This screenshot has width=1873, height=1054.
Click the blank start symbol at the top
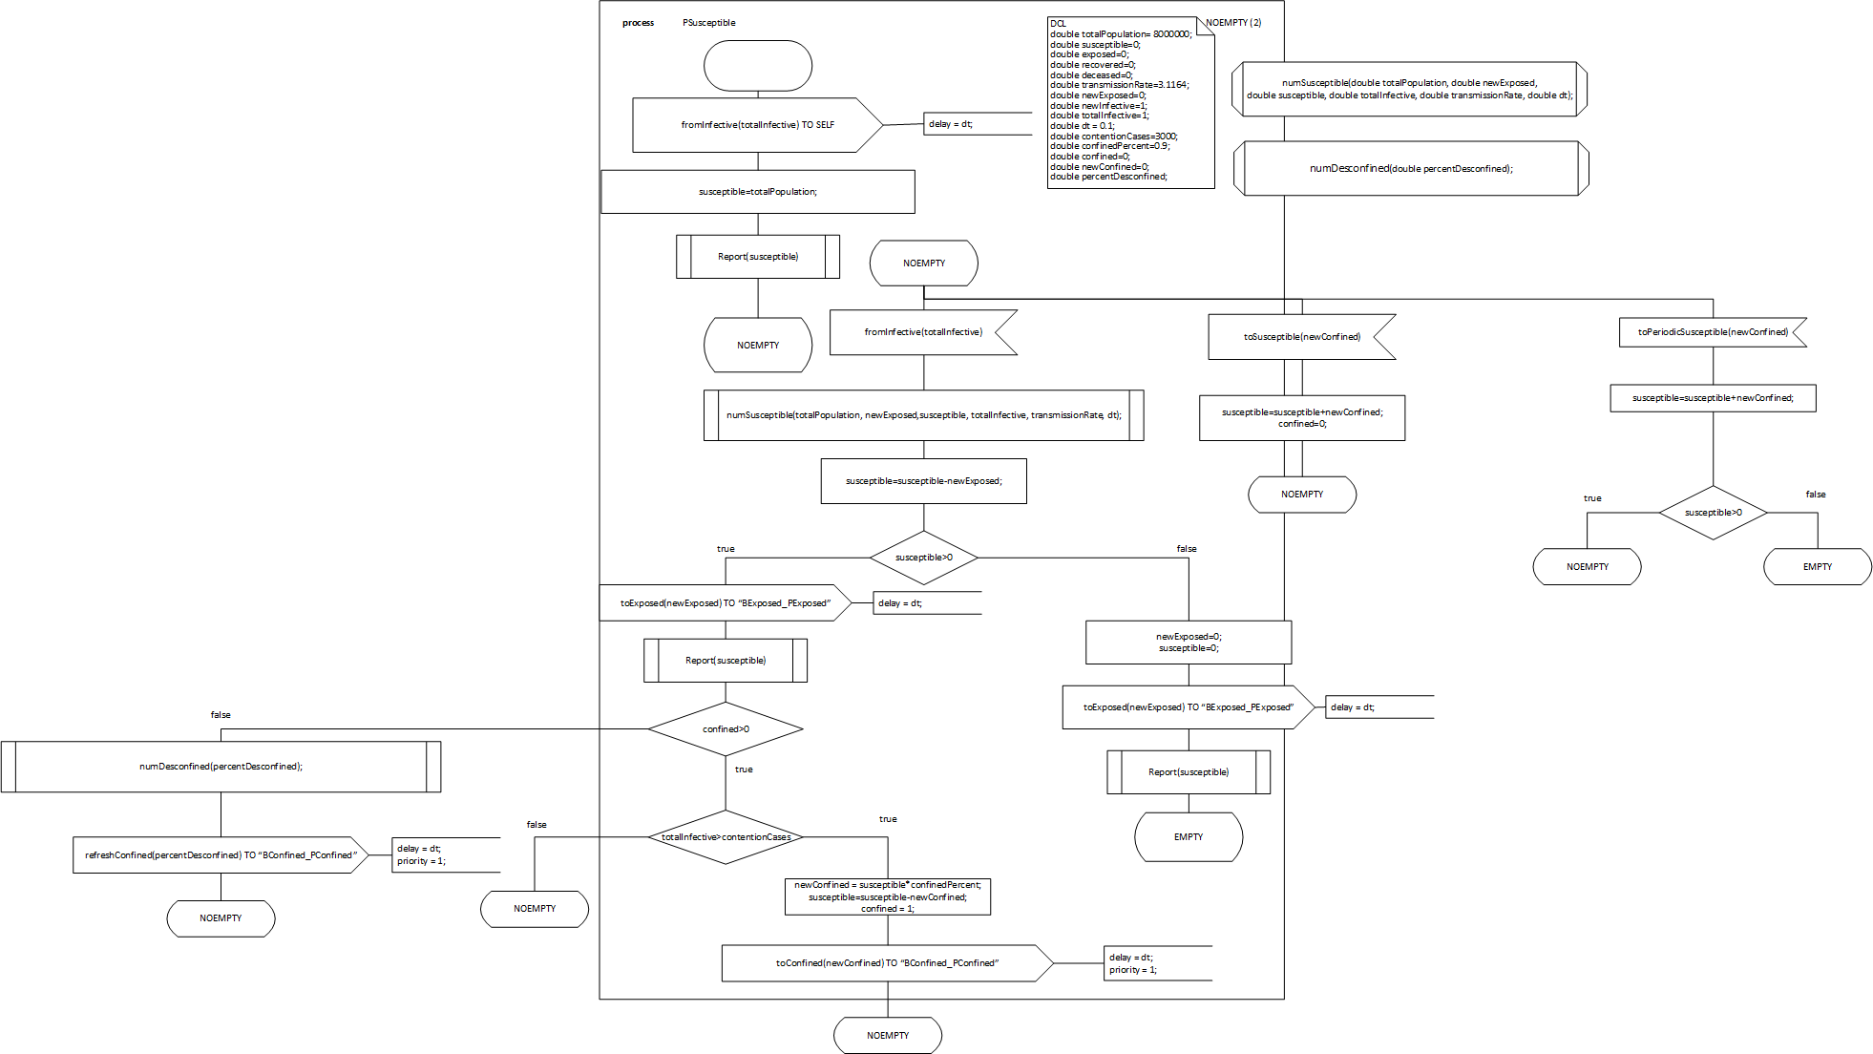coord(758,66)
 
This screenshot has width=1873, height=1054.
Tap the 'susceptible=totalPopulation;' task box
coord(757,192)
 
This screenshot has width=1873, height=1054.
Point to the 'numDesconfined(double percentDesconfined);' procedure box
coord(1411,169)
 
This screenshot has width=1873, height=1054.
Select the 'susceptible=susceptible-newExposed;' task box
coord(923,481)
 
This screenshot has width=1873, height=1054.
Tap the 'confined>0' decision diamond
coord(726,729)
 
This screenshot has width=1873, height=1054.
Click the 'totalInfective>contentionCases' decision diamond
coord(726,837)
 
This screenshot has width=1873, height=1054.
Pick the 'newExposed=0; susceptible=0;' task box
coord(1188,643)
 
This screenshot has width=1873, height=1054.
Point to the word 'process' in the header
coord(638,23)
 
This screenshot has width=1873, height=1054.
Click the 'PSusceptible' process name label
coord(708,23)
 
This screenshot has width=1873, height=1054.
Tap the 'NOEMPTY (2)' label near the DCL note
coord(1232,23)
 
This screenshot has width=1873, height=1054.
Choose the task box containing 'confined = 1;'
coord(887,897)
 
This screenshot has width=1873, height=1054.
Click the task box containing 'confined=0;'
coord(1301,418)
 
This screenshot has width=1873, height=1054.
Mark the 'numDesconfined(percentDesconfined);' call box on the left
coord(221,767)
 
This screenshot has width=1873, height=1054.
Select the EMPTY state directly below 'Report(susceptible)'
coord(1188,837)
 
